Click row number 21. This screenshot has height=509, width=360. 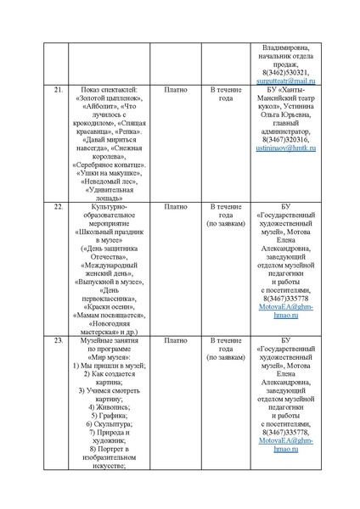point(58,89)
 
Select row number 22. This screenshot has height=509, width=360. point(58,206)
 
